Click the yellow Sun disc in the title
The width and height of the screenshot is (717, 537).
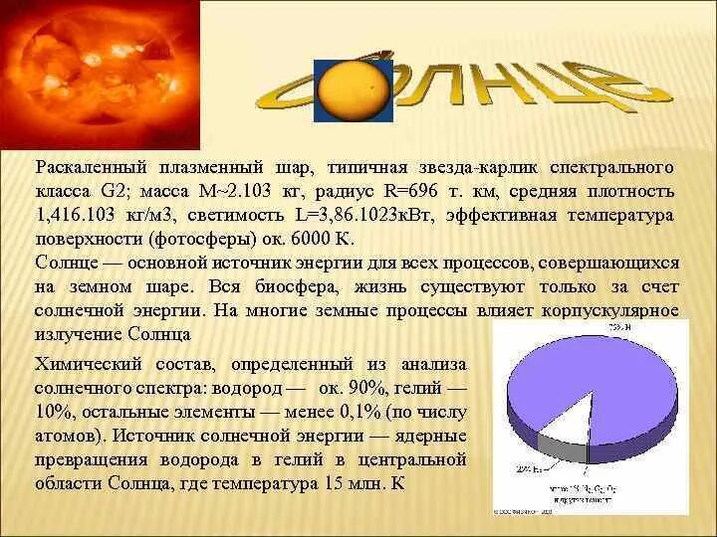[354, 90]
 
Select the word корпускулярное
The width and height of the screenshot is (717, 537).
[610, 311]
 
